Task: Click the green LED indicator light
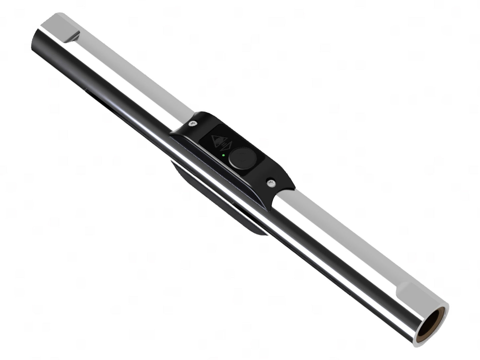(x=224, y=155)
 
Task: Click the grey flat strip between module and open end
(x=342, y=229)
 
